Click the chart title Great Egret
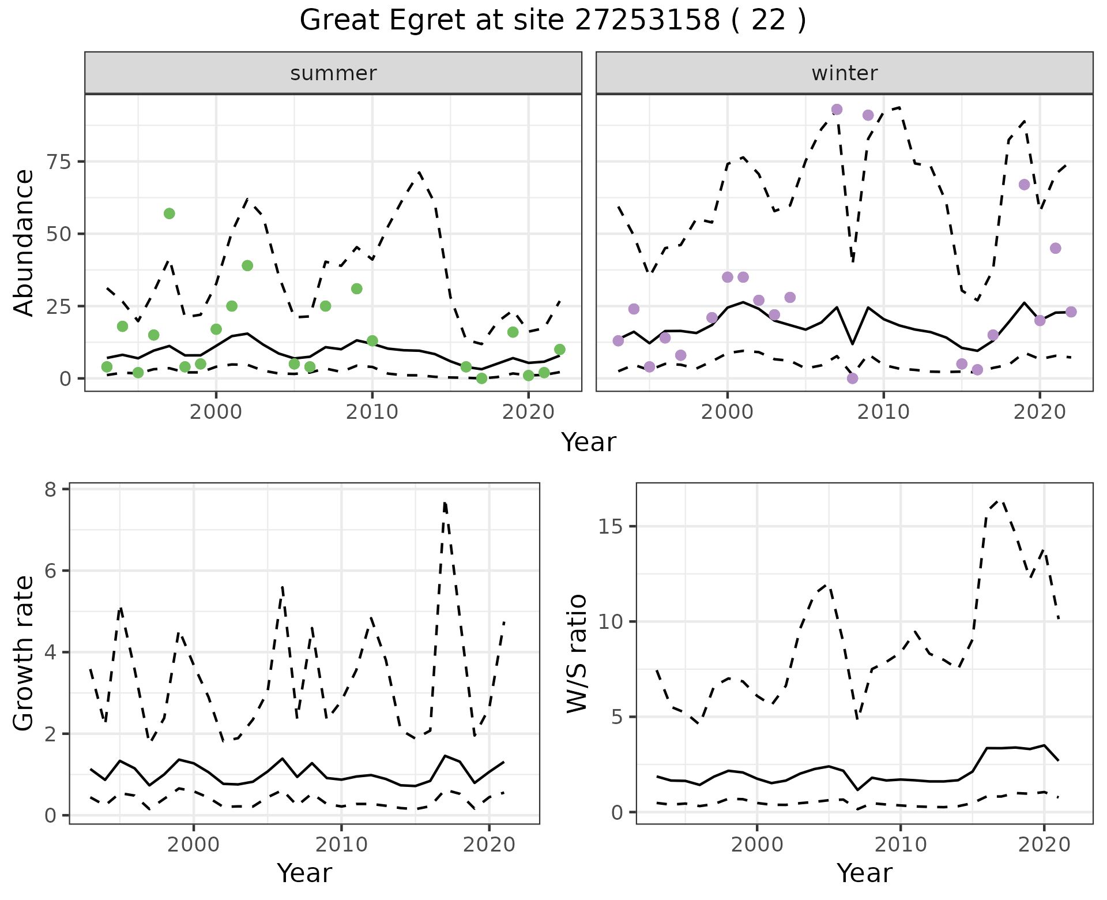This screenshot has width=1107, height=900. pos(552,21)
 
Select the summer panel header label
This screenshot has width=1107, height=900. pos(333,73)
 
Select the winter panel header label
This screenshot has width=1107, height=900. pos(844,73)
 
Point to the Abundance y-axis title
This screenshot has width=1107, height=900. pos(24,243)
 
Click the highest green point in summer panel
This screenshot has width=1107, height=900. pos(169,213)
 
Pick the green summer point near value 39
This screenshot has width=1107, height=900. pos(247,265)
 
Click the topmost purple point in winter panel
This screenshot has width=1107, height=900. pos(837,110)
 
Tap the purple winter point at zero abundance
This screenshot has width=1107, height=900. pos(853,378)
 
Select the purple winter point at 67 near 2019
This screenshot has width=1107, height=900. pos(1024,185)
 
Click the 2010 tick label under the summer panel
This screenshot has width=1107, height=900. pos(372,412)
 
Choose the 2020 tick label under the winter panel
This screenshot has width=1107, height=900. pos(1040,412)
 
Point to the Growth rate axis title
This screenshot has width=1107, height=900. pos(24,654)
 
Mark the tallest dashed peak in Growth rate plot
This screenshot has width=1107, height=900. pos(445,504)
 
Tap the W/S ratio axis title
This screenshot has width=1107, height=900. pos(577,654)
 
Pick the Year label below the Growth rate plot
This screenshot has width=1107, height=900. pos(304,873)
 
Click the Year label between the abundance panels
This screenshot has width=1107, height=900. pos(589,442)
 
